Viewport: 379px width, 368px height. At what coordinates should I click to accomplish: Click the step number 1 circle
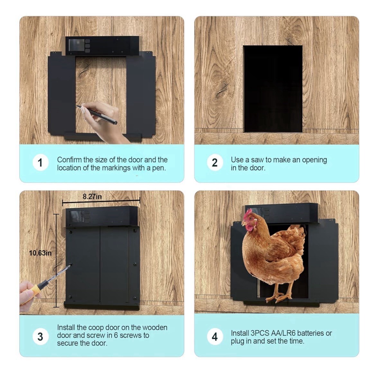tap(41, 163)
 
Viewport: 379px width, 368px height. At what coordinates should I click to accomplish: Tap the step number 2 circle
tap(215, 163)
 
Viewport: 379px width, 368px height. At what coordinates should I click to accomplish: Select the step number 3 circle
tap(41, 337)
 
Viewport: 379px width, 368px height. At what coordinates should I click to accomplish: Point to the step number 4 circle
tap(215, 337)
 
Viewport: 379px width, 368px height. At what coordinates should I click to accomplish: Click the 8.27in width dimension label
tap(92, 196)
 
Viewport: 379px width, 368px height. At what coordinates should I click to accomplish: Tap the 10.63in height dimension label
tap(40, 253)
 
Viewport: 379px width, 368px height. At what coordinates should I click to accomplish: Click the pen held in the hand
tap(97, 114)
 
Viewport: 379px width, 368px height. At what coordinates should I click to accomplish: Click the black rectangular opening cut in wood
tap(273, 89)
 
